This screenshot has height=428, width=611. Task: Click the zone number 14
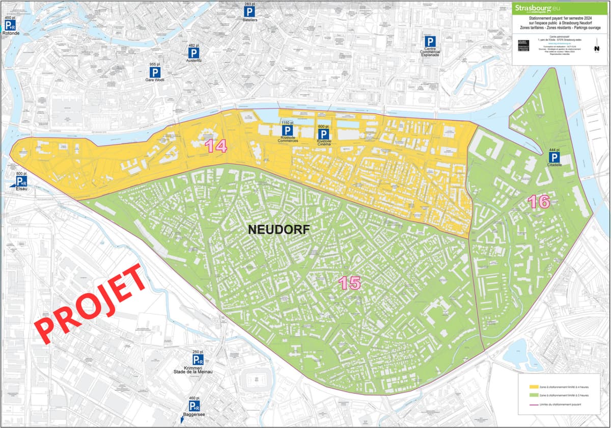click(x=216, y=146)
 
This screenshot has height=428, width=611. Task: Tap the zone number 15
click(x=350, y=283)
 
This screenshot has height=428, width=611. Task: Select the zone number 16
click(x=539, y=202)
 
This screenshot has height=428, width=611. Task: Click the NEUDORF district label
click(x=279, y=229)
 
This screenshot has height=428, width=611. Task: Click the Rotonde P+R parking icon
click(x=10, y=25)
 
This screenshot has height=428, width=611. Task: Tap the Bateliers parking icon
click(x=249, y=11)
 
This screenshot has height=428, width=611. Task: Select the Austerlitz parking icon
click(x=193, y=52)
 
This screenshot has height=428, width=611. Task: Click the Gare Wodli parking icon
click(x=155, y=72)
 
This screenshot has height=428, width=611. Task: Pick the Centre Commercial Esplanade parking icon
click(x=431, y=41)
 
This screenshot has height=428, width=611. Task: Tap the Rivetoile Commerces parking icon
click(x=287, y=131)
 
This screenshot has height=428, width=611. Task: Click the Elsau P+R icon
click(x=21, y=181)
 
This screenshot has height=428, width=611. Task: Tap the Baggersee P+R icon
click(x=194, y=406)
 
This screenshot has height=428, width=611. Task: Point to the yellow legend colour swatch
click(x=527, y=386)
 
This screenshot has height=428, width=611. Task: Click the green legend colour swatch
click(x=527, y=395)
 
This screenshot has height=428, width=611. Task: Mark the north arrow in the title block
click(x=596, y=47)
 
